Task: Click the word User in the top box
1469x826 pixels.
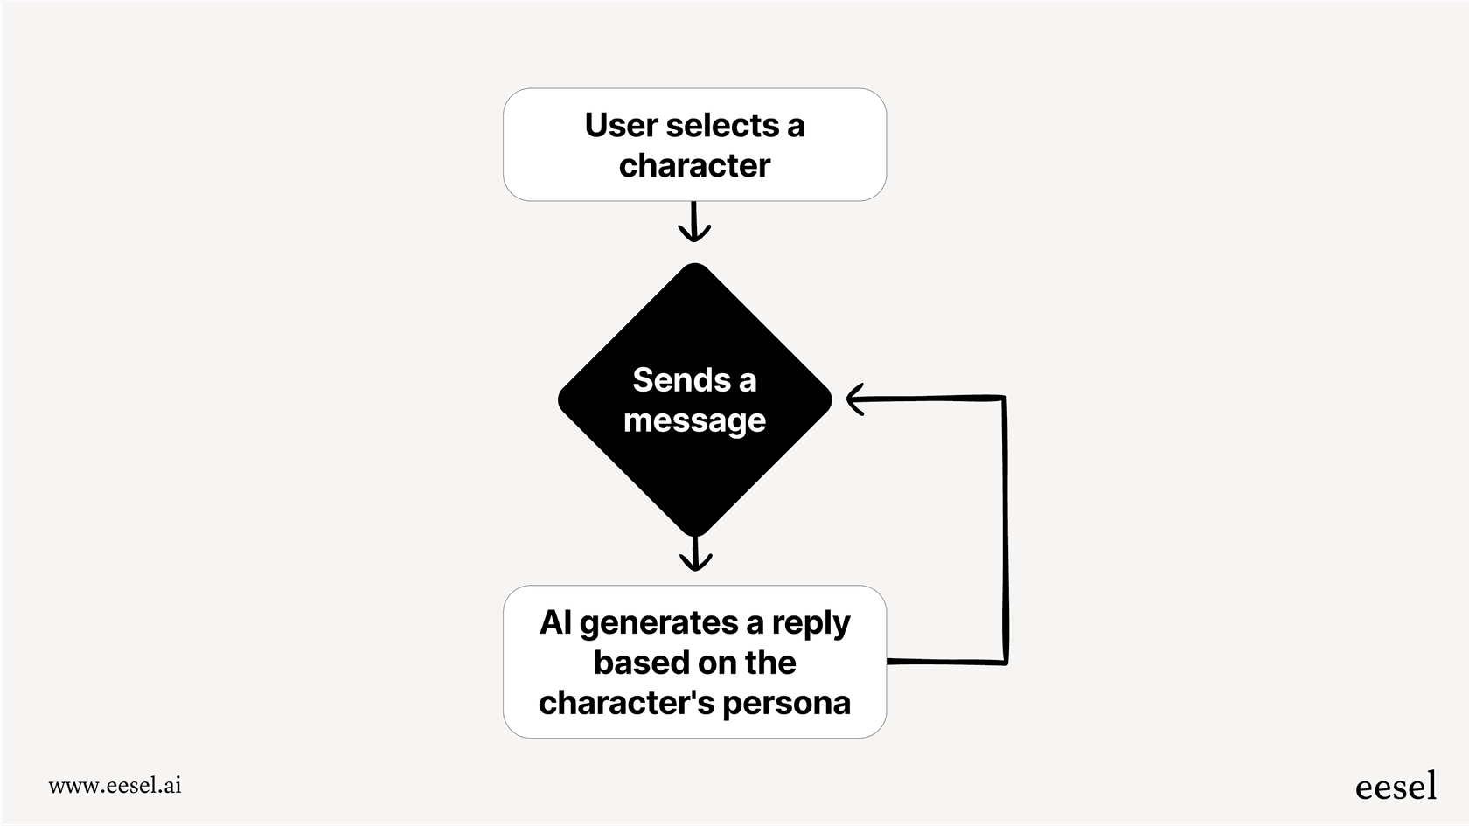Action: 622,126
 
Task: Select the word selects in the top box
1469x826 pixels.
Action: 722,126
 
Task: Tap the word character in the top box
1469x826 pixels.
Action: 694,166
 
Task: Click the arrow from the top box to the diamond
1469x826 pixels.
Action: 694,222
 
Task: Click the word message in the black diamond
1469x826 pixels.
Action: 694,421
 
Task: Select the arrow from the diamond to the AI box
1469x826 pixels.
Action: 695,554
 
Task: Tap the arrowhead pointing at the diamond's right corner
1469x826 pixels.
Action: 856,399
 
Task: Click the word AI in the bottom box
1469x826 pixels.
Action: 555,623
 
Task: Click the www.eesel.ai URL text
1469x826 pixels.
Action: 115,785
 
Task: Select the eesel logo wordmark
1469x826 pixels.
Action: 1396,787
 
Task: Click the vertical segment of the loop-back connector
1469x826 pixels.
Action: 1006,529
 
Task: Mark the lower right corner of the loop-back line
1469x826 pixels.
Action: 1006,662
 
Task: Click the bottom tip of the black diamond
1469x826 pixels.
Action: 695,533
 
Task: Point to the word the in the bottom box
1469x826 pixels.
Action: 769,663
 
